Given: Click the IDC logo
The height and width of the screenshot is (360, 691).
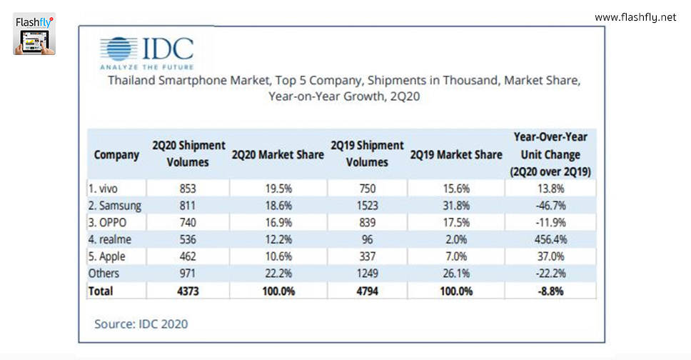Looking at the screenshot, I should [146, 51].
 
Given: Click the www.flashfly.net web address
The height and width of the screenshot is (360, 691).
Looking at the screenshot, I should [635, 17].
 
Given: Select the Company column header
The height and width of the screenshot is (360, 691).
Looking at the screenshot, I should [116, 154].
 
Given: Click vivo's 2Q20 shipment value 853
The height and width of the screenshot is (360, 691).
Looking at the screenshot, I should [188, 189].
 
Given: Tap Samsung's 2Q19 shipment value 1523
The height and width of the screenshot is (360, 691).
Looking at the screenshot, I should [368, 206].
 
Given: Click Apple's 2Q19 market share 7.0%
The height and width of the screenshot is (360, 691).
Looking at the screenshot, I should [455, 256].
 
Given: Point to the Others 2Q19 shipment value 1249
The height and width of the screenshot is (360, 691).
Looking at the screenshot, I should [368, 274].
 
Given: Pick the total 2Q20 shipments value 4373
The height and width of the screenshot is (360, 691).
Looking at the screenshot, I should [188, 291].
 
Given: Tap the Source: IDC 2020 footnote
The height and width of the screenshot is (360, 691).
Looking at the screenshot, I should [141, 324].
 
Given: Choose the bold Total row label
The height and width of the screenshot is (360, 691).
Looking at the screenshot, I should [101, 291].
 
